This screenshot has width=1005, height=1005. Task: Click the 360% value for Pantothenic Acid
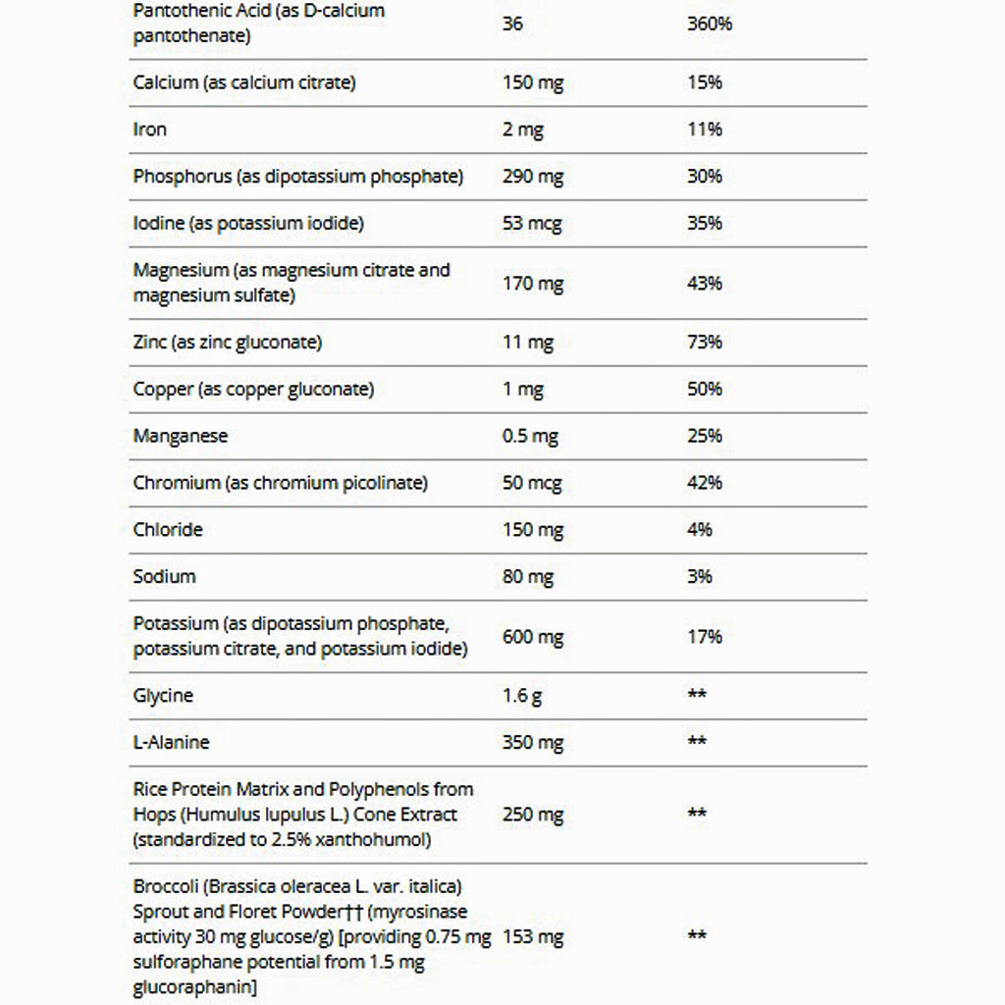pos(710,24)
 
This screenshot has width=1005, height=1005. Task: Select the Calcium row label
pos(244,82)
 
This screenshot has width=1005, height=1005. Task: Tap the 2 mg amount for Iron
pos(522,130)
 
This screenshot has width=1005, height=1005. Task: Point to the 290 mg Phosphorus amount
pos(533,177)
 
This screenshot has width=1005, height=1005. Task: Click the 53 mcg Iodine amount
pos(532,224)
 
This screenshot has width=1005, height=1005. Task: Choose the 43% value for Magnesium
pos(705,284)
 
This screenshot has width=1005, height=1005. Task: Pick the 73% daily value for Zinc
pos(705,343)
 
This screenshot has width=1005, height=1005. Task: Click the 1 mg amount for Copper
pos(522,390)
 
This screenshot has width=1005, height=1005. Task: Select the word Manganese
pos(181,436)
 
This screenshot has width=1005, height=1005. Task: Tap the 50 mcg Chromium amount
pos(532,483)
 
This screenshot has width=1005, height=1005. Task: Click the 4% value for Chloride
pos(700,530)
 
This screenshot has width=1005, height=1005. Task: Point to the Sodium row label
pos(164,577)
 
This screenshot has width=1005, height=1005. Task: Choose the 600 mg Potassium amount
pos(533,637)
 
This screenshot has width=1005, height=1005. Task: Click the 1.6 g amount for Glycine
pos(522,696)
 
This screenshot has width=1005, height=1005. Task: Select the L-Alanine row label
pos(172,743)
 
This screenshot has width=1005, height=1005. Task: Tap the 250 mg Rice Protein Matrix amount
pos(533,815)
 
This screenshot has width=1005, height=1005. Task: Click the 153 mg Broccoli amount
pos(533,937)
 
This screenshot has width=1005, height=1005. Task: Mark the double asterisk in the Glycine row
pos(697,696)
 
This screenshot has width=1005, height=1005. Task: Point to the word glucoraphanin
pos(195,987)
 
